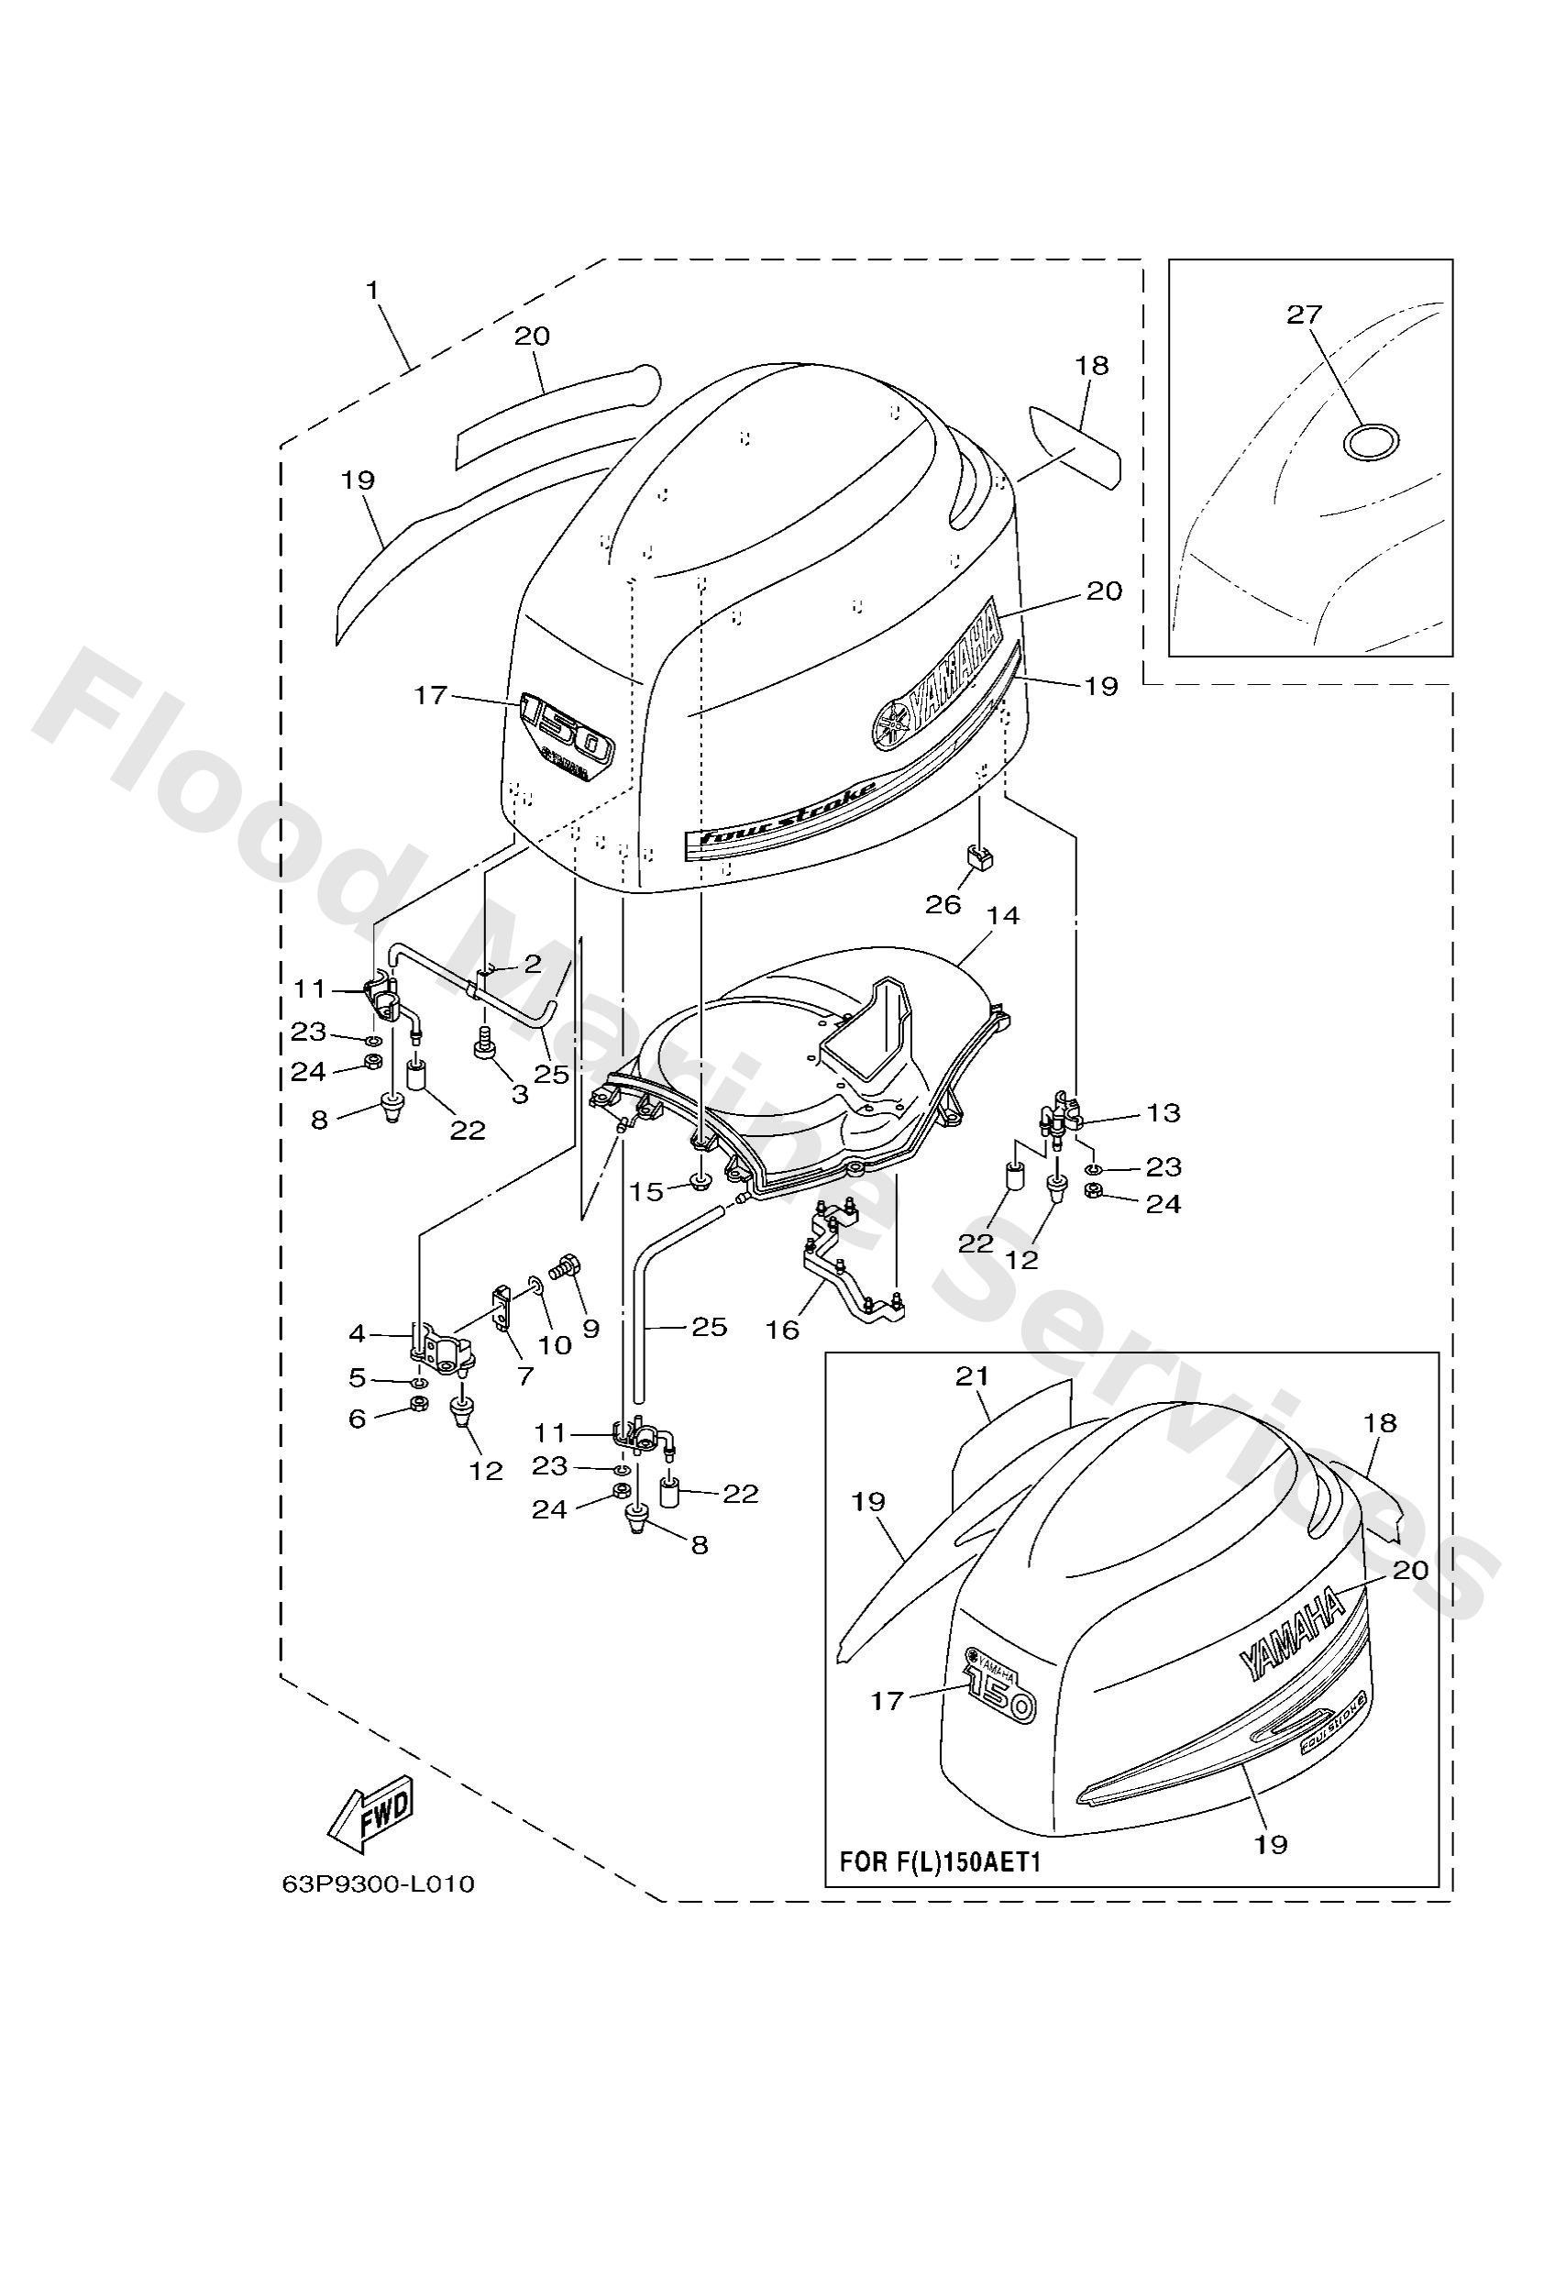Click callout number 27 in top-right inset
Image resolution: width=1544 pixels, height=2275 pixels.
(x=1304, y=315)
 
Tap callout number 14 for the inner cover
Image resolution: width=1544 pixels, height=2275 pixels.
(x=1004, y=915)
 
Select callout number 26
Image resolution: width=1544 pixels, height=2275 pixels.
(x=943, y=903)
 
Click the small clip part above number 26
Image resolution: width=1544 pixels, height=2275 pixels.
(x=979, y=856)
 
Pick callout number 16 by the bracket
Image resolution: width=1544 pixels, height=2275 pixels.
(x=783, y=1330)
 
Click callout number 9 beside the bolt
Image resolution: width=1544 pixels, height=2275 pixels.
(x=590, y=1329)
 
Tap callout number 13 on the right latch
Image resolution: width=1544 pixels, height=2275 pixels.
(x=1164, y=1113)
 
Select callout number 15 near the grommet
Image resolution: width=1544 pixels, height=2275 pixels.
(x=646, y=1191)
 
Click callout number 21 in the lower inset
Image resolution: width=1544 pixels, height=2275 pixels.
(x=971, y=1376)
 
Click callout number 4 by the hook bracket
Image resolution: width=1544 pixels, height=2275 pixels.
(x=357, y=1333)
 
